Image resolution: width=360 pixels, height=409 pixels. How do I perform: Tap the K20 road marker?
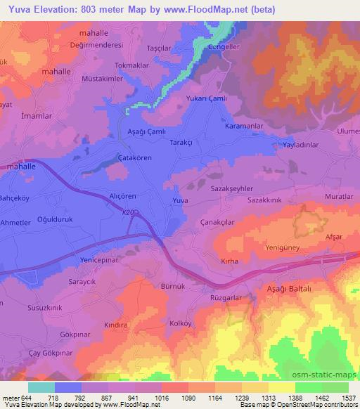[x=127, y=212]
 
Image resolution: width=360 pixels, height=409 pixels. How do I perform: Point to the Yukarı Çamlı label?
[x=207, y=99]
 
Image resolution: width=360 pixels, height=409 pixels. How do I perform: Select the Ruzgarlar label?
[x=227, y=298]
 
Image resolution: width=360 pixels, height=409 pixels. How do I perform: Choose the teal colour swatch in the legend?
[x=41, y=387]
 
